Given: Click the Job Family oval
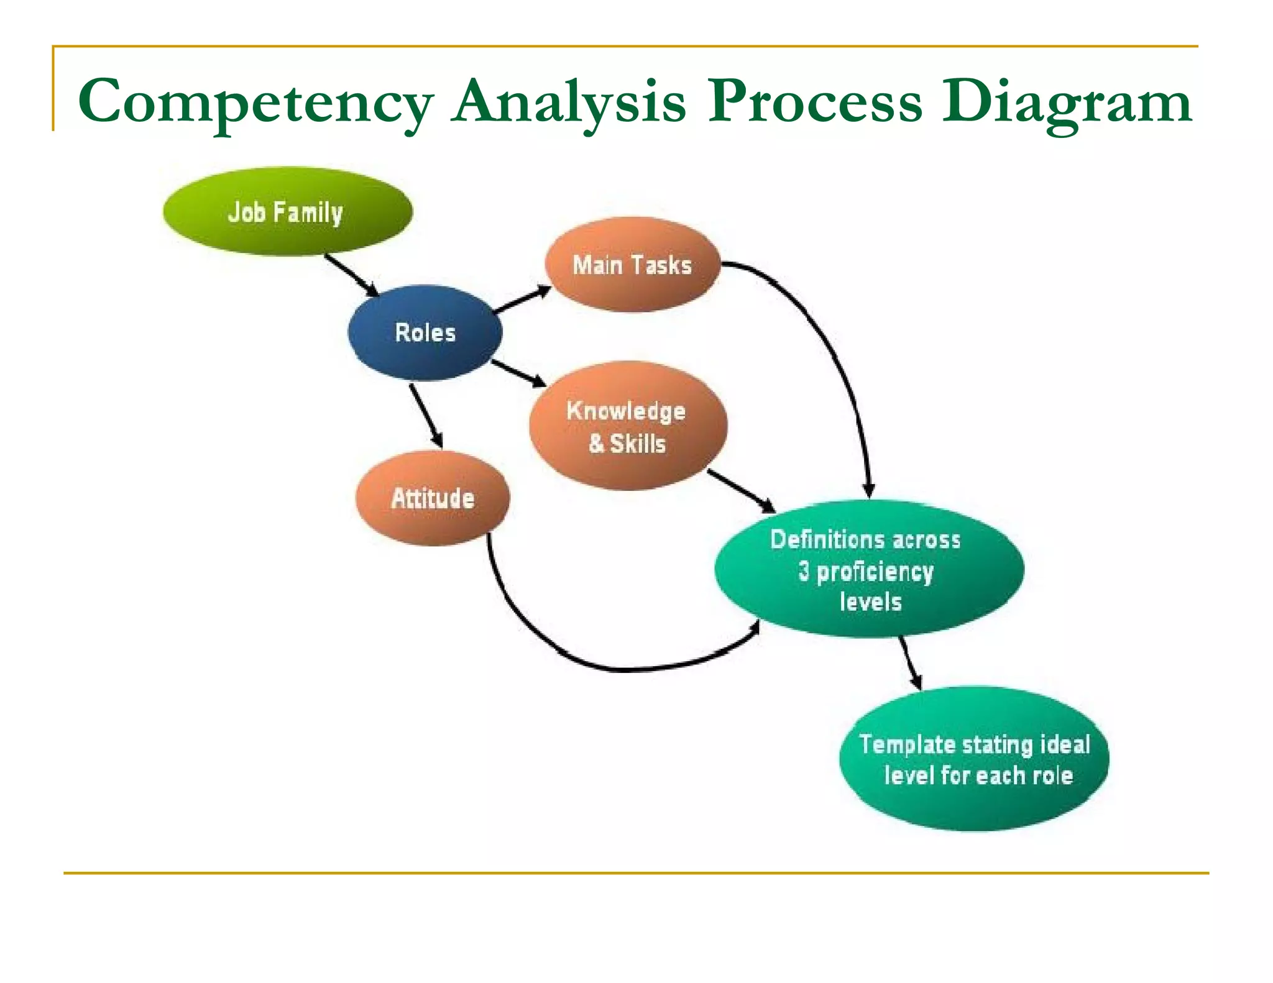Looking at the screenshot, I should [287, 212].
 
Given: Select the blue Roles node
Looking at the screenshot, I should [425, 332].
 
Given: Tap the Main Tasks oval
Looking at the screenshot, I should [632, 265].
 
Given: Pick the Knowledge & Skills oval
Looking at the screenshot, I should [627, 426].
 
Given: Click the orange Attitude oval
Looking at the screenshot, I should [433, 498].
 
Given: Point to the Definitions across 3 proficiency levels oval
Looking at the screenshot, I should [868, 570].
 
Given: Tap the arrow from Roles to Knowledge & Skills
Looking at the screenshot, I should [518, 373].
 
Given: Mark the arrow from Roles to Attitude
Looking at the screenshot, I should [426, 415].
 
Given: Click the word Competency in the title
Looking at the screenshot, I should [255, 103].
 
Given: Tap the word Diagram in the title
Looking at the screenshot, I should [1066, 103].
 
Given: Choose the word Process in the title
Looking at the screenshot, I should [814, 103].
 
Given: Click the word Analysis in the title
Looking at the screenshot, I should [569, 103].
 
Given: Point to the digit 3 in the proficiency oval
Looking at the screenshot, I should [804, 570].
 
